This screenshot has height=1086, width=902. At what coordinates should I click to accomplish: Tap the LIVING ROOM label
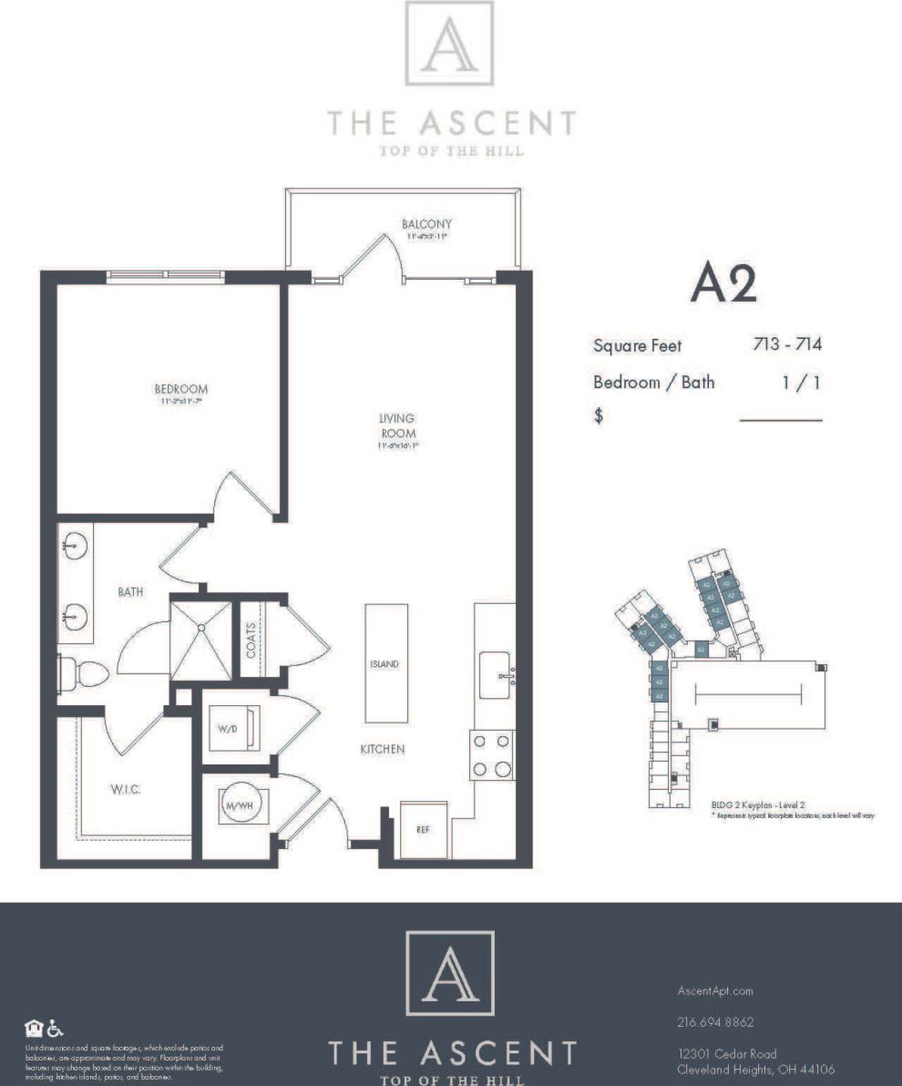tap(397, 425)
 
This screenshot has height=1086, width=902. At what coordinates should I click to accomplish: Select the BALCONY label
tap(426, 223)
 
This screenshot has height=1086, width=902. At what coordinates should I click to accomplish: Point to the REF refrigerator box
tap(424, 830)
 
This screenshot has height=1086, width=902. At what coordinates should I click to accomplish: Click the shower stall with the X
tap(200, 639)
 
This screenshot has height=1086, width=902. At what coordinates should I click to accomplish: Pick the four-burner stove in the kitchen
tap(491, 755)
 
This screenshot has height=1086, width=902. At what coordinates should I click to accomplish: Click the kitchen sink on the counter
tap(495, 675)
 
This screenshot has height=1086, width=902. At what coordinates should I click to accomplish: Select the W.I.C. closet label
tap(125, 789)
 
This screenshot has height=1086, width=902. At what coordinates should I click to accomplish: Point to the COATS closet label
tap(251, 640)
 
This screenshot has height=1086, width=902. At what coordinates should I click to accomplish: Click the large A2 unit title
tap(723, 284)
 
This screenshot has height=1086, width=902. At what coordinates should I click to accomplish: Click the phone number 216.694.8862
tap(715, 1022)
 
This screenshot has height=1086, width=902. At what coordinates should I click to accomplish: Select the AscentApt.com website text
tap(715, 990)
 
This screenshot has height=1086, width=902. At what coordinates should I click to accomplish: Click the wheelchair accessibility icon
tap(55, 1029)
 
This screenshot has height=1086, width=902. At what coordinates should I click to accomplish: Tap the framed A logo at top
tap(449, 44)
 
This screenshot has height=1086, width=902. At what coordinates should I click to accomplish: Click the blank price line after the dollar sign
tap(780, 420)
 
